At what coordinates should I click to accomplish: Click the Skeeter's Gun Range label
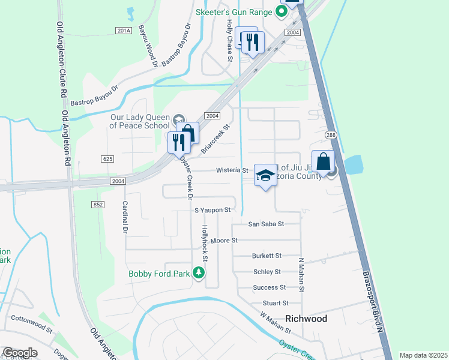click(x=236, y=11)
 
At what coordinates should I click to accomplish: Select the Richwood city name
click(x=306, y=319)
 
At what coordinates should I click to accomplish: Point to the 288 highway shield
click(x=330, y=135)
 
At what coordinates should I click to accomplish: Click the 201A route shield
click(x=123, y=31)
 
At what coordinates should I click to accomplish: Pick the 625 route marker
click(x=107, y=158)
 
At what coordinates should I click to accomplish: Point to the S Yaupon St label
click(x=212, y=210)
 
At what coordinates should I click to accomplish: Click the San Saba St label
click(x=266, y=224)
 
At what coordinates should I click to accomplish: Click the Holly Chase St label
click(x=229, y=40)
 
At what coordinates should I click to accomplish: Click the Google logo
click(x=20, y=353)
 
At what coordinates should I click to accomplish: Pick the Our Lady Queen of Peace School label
click(x=139, y=121)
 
